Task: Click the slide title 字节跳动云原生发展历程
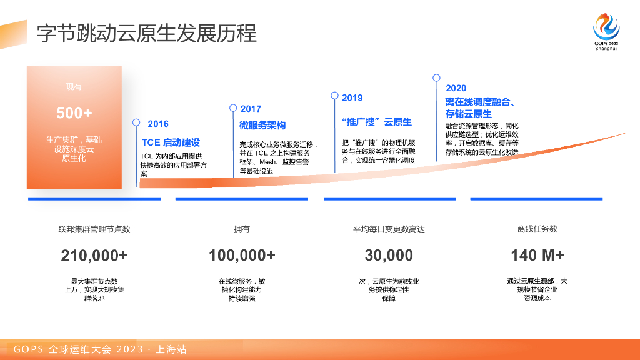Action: pyautogui.click(x=146, y=33)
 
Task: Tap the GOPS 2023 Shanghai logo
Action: pyautogui.click(x=606, y=32)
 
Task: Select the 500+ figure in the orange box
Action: pyautogui.click(x=74, y=113)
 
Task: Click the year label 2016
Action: pyautogui.click(x=158, y=124)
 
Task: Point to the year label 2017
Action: pyautogui.click(x=251, y=109)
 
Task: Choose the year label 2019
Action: pyautogui.click(x=352, y=97)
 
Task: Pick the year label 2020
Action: pyautogui.click(x=456, y=88)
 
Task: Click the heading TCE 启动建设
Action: pyautogui.click(x=171, y=142)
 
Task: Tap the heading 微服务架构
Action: pyautogui.click(x=262, y=126)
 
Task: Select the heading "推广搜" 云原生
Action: pyautogui.click(x=377, y=121)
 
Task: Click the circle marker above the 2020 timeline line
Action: pyautogui.click(x=436, y=78)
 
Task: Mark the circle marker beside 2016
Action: pyautogui.click(x=137, y=123)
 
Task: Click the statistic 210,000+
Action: pyautogui.click(x=94, y=256)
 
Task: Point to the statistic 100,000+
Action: pyautogui.click(x=242, y=256)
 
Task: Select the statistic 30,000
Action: pyautogui.click(x=389, y=256)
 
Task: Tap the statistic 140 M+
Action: pyautogui.click(x=537, y=256)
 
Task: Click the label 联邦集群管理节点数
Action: pyautogui.click(x=94, y=229)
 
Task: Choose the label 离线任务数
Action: pyautogui.click(x=537, y=229)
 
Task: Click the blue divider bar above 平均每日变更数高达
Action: pyautogui.click(x=389, y=199)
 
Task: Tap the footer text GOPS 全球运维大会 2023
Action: pyautogui.click(x=100, y=349)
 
